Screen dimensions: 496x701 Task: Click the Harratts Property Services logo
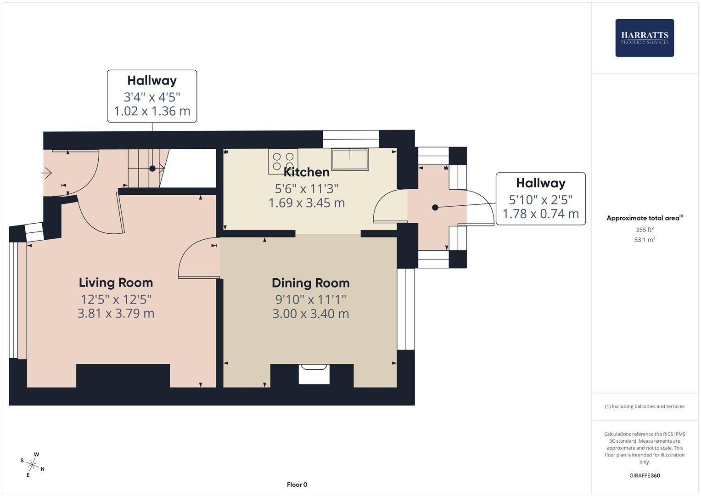644,38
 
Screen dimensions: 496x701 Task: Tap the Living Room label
116,282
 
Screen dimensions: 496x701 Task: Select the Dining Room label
310,283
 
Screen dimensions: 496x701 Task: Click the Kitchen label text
307,172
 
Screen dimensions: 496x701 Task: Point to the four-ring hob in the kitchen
283,162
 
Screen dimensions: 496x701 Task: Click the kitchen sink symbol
350,159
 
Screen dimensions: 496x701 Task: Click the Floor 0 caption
297,485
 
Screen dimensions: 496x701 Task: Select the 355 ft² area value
644,230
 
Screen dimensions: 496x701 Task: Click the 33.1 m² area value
644,240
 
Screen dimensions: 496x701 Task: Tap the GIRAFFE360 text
644,476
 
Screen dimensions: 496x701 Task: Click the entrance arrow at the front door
46,173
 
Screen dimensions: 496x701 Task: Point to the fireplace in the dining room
314,374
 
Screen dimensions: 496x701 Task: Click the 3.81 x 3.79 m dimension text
116,314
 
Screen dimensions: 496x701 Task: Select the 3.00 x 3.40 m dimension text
310,314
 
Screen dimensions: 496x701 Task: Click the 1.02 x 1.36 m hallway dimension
152,111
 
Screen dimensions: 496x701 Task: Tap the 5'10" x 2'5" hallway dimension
540,200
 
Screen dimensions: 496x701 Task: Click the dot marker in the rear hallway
435,208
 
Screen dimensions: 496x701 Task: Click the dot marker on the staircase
152,169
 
